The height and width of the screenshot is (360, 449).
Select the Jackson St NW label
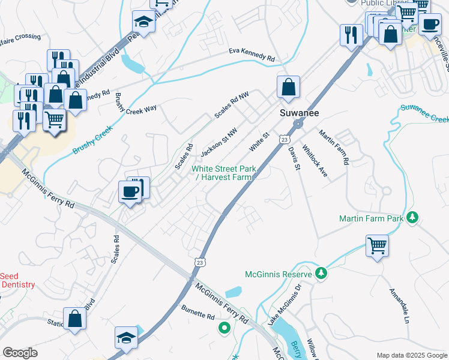219,139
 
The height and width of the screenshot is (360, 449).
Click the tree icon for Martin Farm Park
412,217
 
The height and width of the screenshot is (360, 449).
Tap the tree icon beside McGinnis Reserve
321,274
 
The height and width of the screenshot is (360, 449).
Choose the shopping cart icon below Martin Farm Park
377,245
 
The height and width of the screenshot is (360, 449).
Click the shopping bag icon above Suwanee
289,86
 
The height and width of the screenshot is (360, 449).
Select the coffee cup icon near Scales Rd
130,192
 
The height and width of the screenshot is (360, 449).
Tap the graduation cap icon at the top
143,22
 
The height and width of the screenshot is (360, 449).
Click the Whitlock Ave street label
315,161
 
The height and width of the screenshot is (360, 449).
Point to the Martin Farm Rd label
334,147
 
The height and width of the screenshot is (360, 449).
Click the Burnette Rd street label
198,311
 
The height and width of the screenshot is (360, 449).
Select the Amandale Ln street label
399,306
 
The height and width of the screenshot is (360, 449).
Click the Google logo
20,353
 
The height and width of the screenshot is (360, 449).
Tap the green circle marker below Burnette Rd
224,328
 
